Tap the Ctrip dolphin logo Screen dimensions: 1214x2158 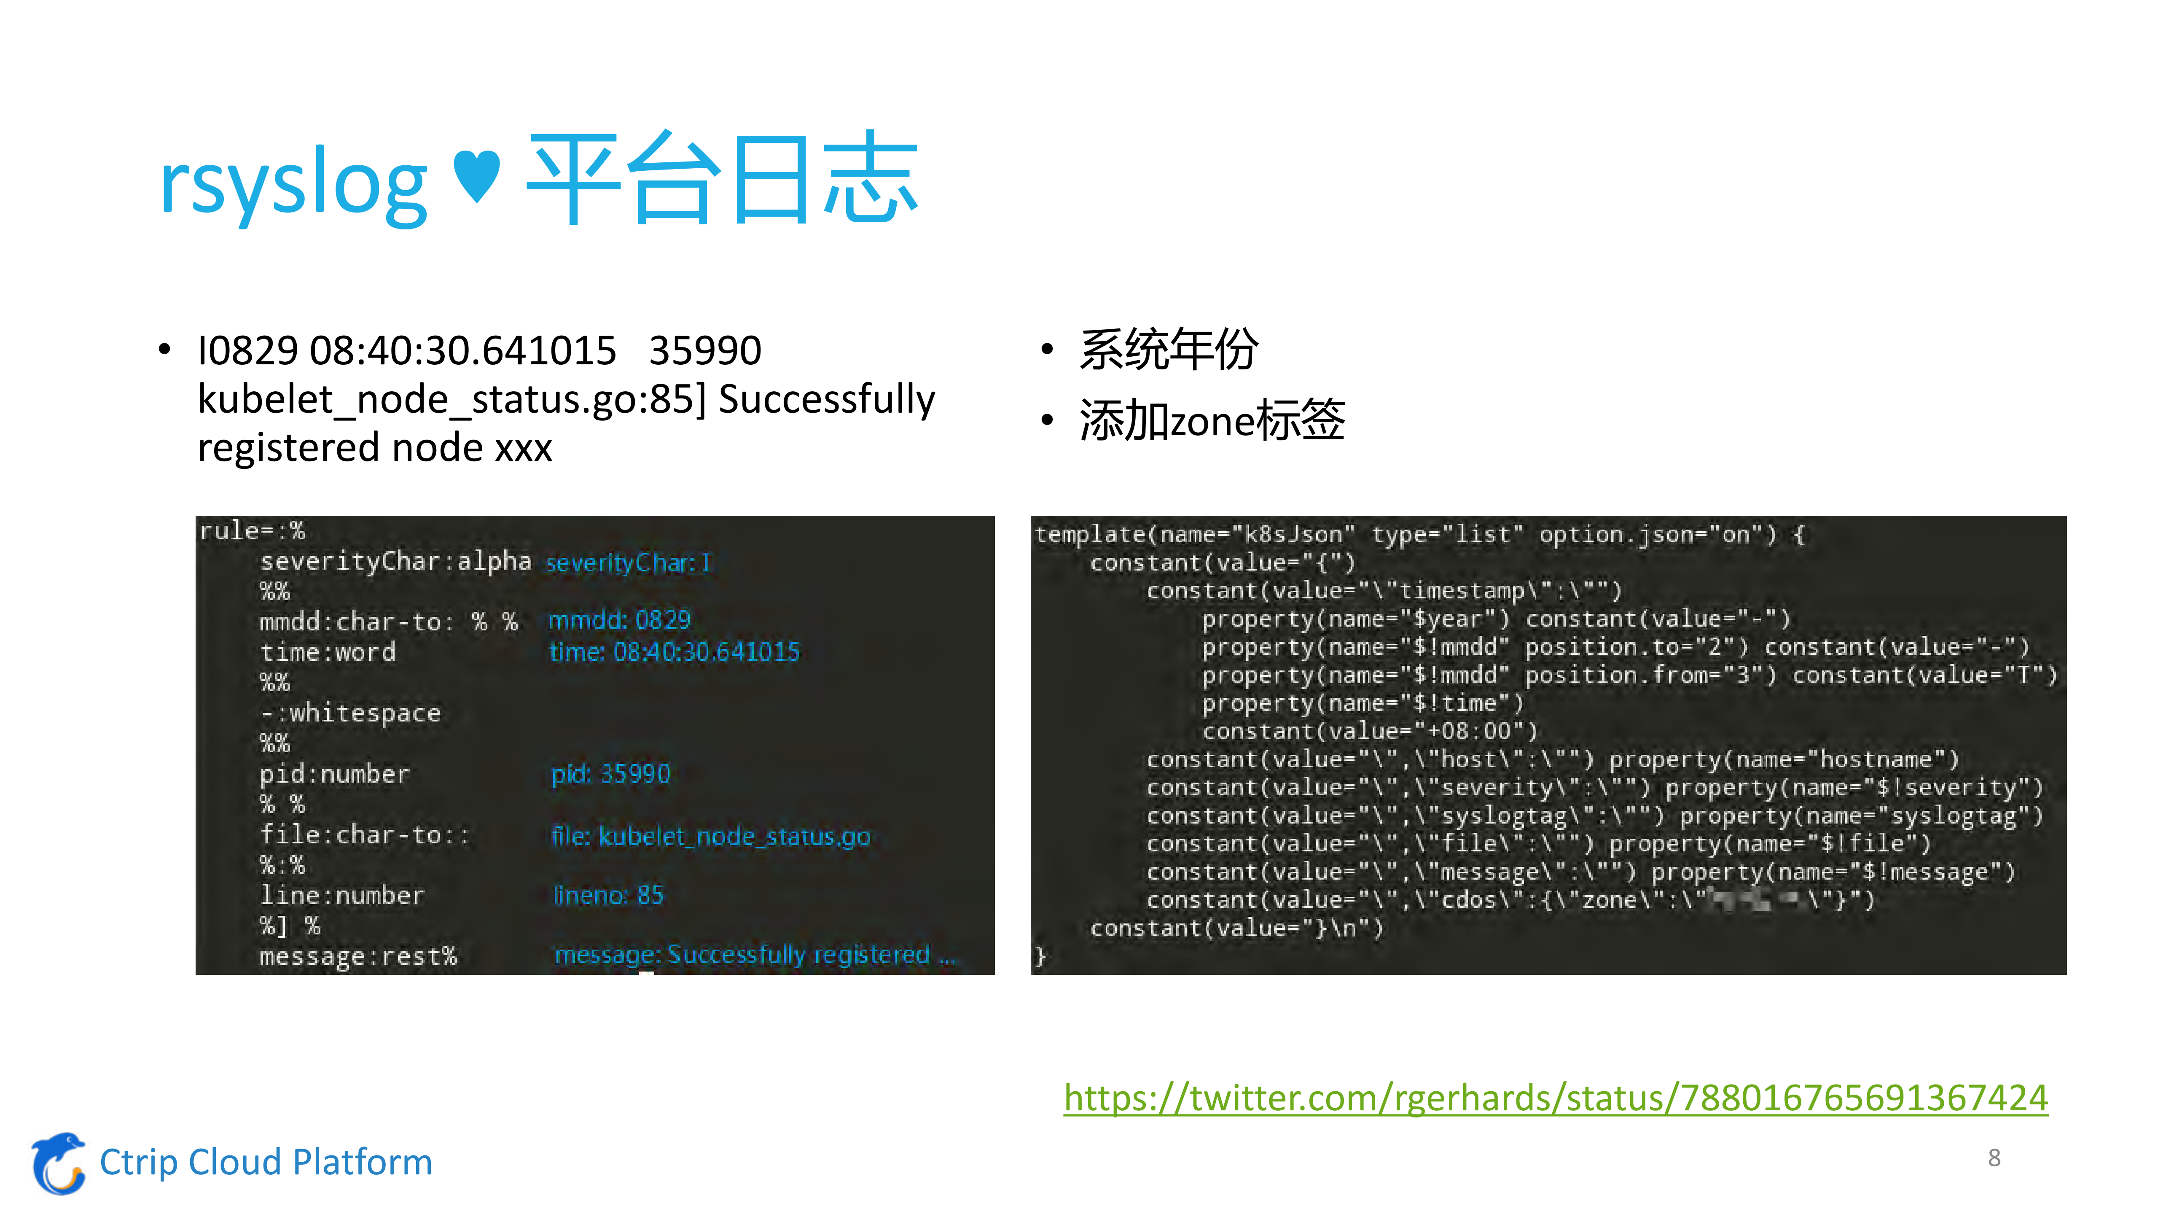click(59, 1163)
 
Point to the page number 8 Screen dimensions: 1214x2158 click(1994, 1158)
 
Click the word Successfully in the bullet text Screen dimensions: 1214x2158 click(826, 399)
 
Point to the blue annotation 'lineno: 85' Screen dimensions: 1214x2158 click(608, 896)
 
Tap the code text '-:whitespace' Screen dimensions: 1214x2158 click(350, 713)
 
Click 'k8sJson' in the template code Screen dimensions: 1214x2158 click(1293, 535)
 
